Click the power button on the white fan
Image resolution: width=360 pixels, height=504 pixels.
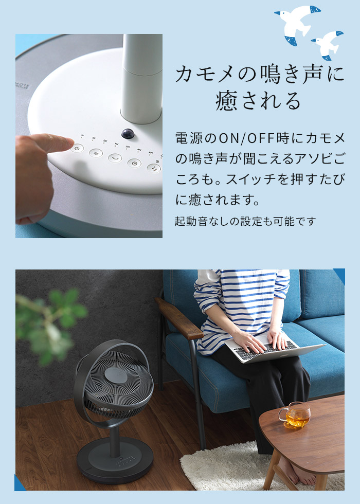(x=77, y=148)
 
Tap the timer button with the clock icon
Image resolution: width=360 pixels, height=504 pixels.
(x=134, y=163)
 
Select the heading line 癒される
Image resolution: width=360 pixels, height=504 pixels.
(x=258, y=101)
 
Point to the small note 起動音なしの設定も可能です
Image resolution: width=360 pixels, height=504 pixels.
(x=245, y=222)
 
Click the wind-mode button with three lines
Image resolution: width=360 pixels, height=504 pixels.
(x=95, y=153)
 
